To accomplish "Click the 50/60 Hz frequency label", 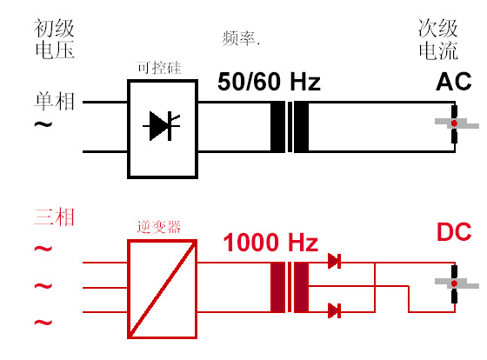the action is tap(269, 82).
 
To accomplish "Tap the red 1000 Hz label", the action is tap(270, 243).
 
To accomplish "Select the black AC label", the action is tap(454, 82).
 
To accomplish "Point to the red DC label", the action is tap(454, 231).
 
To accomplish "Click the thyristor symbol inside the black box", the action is tap(162, 126).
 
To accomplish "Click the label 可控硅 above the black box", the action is tap(159, 68).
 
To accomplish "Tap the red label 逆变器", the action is tap(159, 227).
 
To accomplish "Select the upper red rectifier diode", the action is tap(335, 261).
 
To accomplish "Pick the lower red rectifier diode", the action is tap(335, 310).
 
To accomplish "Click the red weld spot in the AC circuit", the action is tap(454, 123).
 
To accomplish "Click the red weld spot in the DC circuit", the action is tap(454, 283).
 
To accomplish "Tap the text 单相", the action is tap(54, 101).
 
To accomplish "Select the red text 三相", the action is tap(54, 217).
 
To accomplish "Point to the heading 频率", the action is tap(241, 38).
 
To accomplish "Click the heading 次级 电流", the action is tap(438, 39).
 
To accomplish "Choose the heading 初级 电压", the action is tap(54, 38).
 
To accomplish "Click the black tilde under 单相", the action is tap(43, 125).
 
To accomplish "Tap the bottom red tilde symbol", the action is tap(43, 323).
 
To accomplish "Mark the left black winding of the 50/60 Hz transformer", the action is tap(278, 127).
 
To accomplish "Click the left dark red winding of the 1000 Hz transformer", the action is tap(278, 287).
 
